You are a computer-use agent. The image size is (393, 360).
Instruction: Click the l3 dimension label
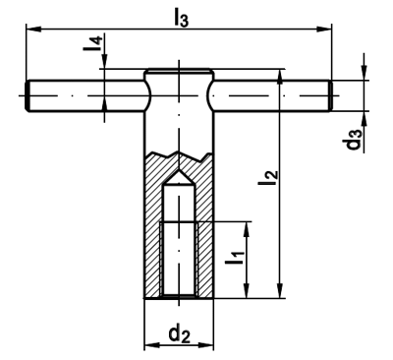(181, 18)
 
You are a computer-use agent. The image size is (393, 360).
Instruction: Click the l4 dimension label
(93, 43)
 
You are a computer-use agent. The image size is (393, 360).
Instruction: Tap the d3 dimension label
(355, 140)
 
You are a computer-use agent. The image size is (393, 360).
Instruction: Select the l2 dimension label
(268, 177)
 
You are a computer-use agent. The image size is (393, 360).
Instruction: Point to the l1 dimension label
(235, 258)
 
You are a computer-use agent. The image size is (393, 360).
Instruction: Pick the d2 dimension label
(179, 334)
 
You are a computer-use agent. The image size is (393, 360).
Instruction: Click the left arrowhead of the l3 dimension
(33, 30)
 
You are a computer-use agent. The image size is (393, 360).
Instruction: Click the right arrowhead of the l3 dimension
(323, 30)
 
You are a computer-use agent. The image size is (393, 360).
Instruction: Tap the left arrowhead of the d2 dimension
(152, 345)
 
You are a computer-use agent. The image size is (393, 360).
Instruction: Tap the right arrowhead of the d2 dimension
(205, 345)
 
